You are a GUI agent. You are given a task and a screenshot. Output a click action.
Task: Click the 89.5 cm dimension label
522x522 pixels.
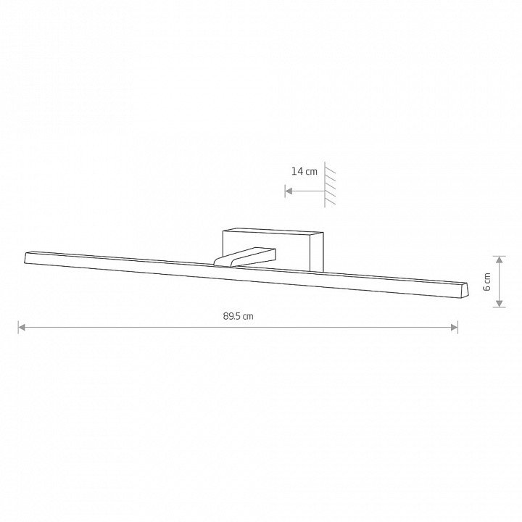(238, 316)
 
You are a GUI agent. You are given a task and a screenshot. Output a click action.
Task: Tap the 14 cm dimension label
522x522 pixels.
(304, 171)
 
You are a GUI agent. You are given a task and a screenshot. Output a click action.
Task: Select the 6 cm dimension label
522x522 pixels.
(486, 281)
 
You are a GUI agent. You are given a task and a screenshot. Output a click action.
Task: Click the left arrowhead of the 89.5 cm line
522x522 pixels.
(22, 328)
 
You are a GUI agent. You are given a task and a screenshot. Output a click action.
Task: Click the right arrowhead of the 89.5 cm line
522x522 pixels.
(454, 328)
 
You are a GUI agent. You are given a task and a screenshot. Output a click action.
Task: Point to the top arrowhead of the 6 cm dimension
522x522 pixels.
(499, 260)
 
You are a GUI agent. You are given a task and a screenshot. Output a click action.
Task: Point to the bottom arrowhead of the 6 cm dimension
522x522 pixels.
(499, 303)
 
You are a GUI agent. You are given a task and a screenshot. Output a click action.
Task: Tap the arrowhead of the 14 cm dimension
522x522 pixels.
(289, 191)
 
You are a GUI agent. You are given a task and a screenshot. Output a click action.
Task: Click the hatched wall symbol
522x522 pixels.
(330, 185)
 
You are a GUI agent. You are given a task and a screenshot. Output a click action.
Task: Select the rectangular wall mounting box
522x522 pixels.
(273, 249)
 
